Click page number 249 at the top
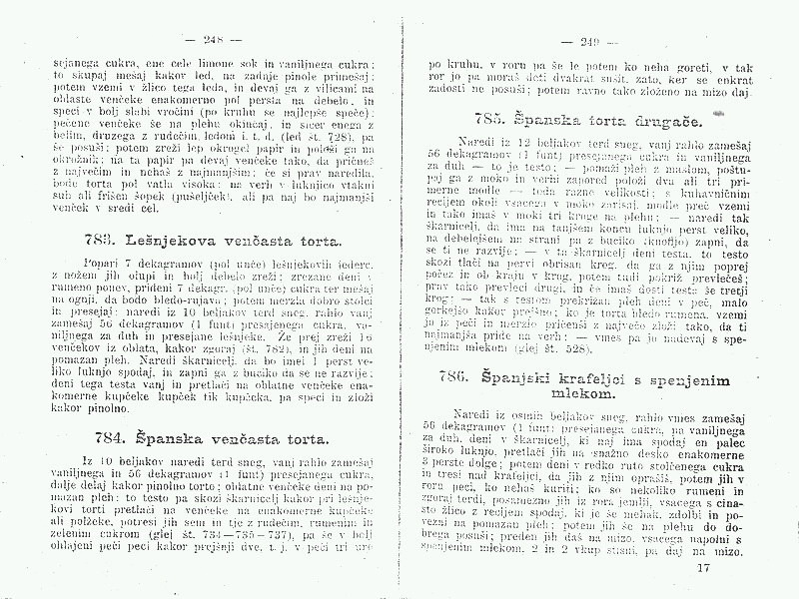point(580,42)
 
